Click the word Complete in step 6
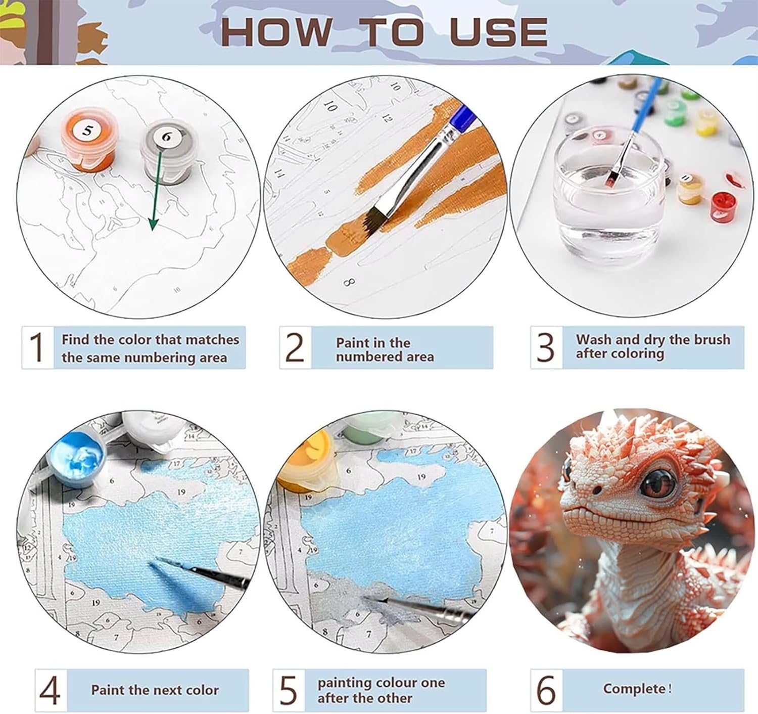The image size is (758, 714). [x=634, y=688]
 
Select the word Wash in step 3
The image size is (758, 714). [x=593, y=339]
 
